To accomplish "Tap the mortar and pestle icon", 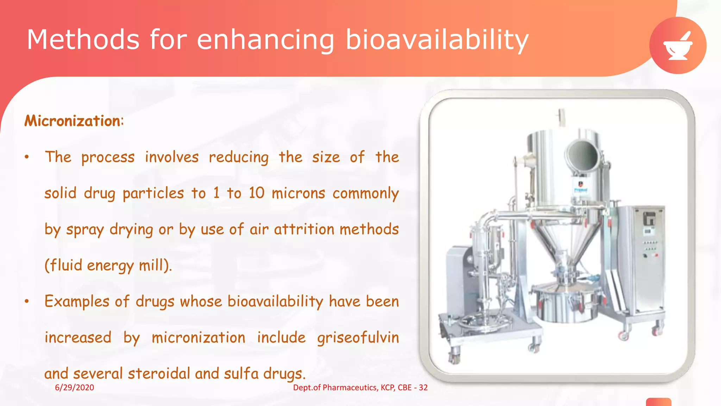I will click(678, 45).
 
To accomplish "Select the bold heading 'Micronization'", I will click(73, 121).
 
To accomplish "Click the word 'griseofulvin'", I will click(358, 338).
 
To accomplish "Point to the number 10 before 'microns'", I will click(256, 193).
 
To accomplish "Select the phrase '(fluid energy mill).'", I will click(108, 265).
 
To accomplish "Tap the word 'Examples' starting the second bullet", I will click(77, 302).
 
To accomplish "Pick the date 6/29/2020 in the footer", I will click(74, 387).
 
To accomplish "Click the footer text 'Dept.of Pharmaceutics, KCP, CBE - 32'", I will click(360, 387).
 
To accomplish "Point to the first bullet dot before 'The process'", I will click(27, 157).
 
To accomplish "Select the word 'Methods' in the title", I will click(83, 39).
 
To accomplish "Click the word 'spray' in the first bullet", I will click(85, 229).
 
